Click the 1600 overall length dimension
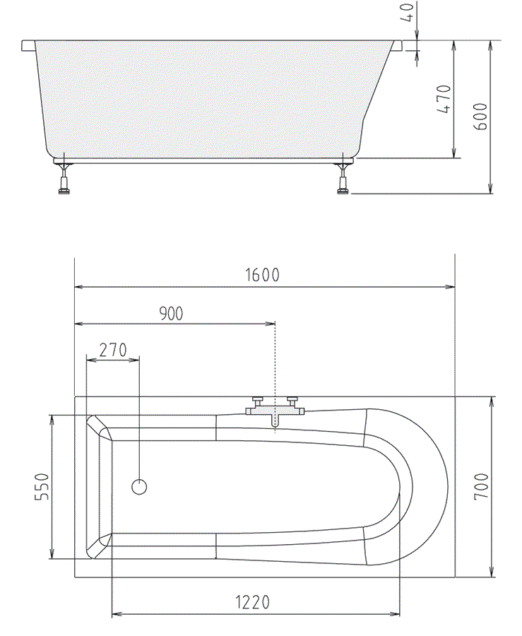tap(262, 275)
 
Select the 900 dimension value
tap(171, 314)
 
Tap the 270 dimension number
tap(113, 350)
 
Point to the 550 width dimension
tap(42, 487)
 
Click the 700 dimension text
tap(482, 486)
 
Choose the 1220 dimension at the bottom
tap(252, 602)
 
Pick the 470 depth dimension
tap(444, 99)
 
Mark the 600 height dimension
tap(480, 117)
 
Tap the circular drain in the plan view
tap(139, 487)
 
